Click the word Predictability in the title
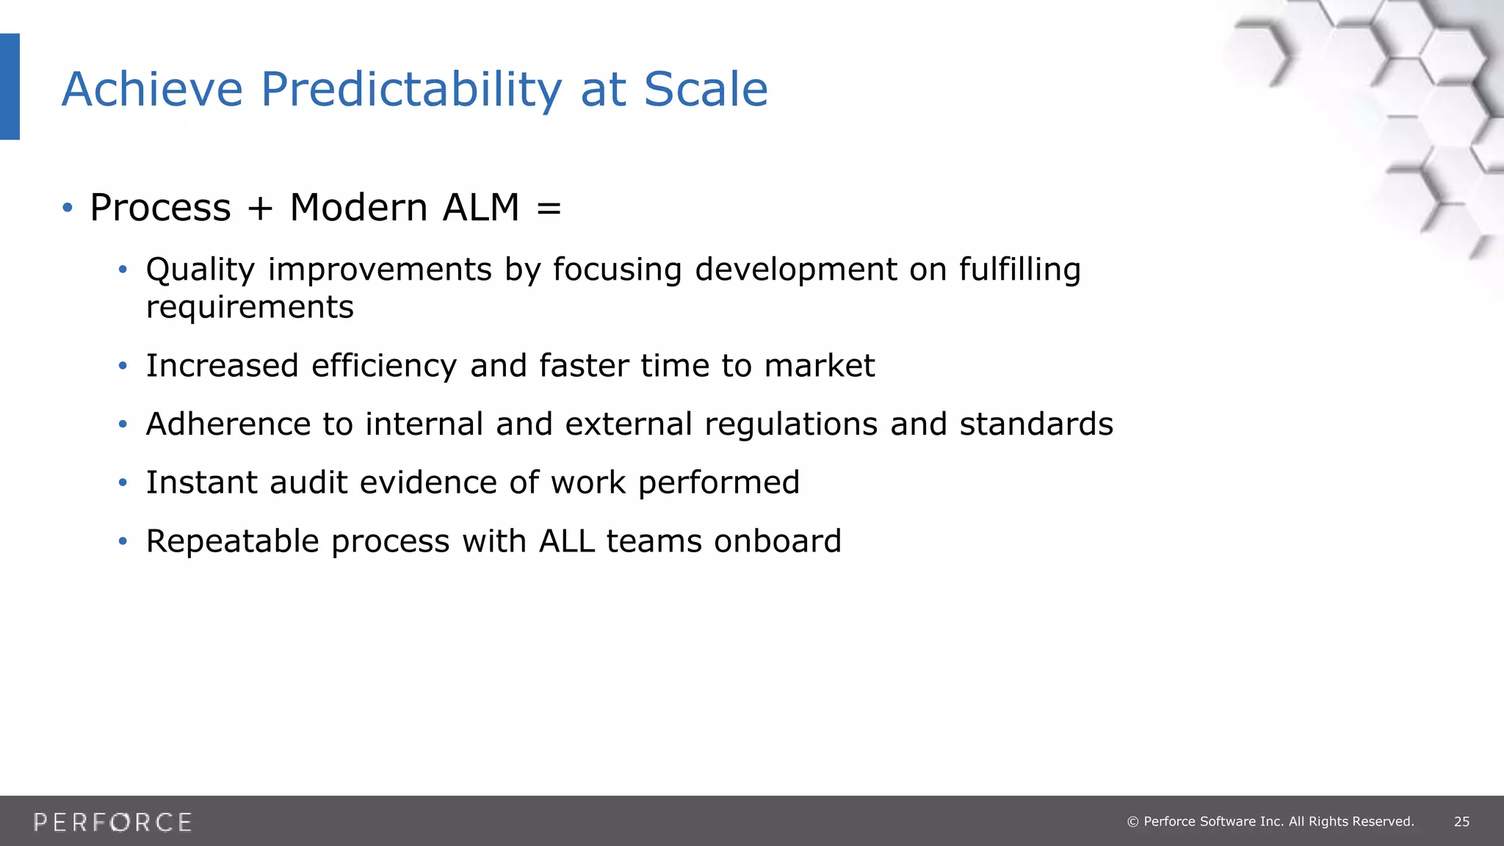click(411, 90)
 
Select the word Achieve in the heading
click(152, 90)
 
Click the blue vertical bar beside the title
click(10, 86)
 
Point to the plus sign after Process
click(260, 209)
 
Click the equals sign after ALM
click(549, 209)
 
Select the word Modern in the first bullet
click(358, 207)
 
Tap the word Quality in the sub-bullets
click(200, 270)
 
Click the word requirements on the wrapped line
click(250, 308)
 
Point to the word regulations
click(791, 425)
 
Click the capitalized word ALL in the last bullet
click(567, 541)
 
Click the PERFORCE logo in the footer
click(112, 822)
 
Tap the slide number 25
click(1461, 822)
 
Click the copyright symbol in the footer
click(1132, 822)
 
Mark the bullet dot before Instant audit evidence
click(123, 483)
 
